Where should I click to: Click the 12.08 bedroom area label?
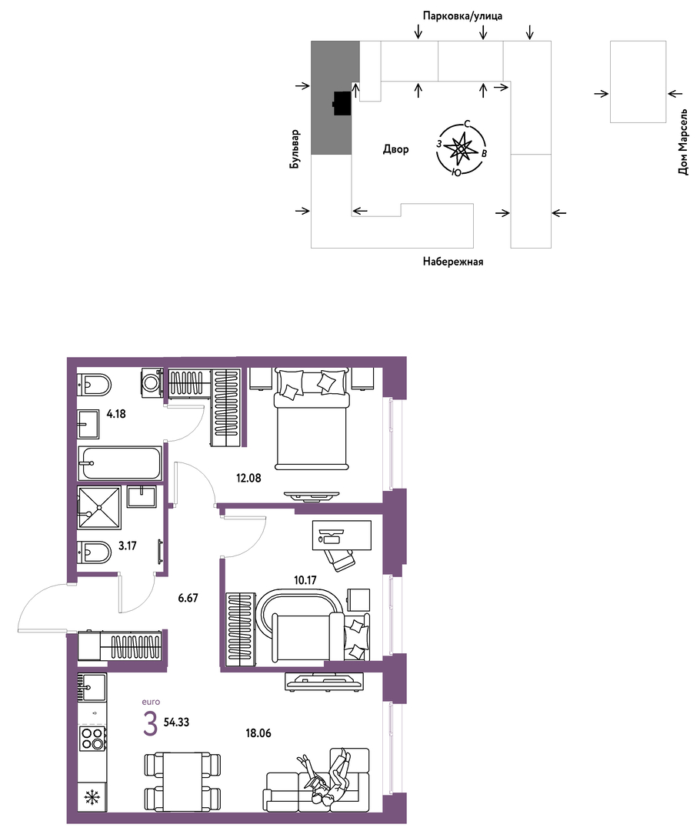click(248, 478)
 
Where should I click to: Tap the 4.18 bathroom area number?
click(116, 414)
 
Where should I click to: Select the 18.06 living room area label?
click(258, 733)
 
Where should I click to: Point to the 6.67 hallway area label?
click(188, 598)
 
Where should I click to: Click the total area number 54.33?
click(176, 722)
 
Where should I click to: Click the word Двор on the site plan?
click(396, 149)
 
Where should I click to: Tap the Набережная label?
click(453, 262)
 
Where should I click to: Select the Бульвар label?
click(295, 149)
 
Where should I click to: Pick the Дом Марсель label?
click(683, 142)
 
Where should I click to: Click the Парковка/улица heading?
click(462, 16)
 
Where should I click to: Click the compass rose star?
click(460, 149)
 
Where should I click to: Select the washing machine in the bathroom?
click(152, 382)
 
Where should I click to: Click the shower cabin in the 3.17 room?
click(99, 508)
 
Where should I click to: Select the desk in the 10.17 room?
click(342, 536)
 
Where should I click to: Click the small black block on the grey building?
click(342, 103)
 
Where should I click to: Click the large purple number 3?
click(151, 725)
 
